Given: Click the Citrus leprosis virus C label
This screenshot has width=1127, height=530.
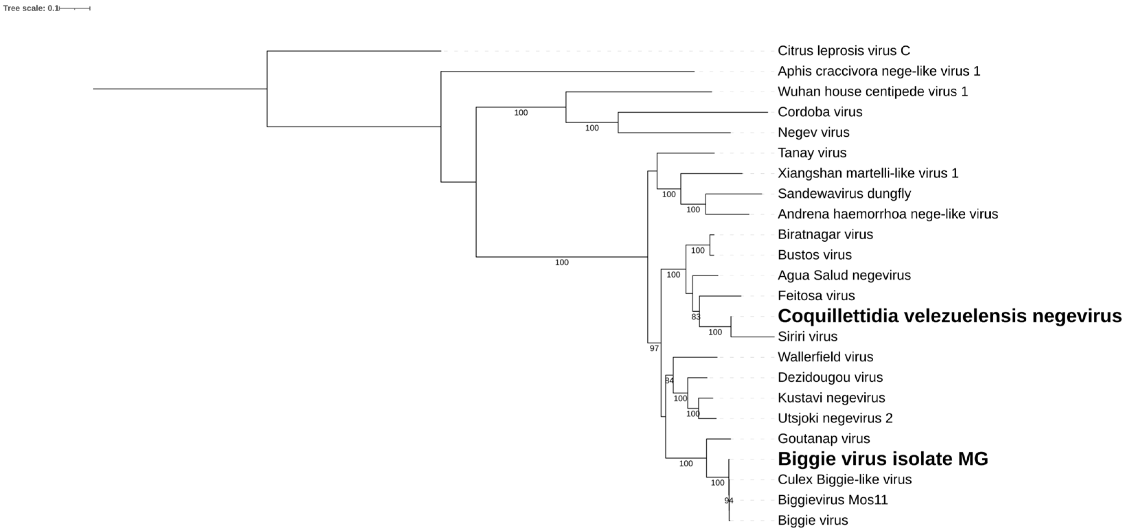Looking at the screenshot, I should click(843, 51).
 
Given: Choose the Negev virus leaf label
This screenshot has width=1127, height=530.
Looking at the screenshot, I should click(813, 132).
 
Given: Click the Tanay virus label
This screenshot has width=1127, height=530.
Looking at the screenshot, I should click(812, 153).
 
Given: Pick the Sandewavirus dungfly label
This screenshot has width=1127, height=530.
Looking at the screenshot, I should click(844, 194).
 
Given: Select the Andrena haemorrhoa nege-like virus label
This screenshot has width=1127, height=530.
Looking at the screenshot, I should click(888, 214).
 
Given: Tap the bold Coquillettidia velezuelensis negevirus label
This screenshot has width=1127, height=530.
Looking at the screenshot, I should click(949, 316).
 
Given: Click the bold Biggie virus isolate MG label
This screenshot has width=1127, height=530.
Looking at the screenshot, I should click(883, 459).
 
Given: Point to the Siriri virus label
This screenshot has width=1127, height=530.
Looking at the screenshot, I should click(807, 337).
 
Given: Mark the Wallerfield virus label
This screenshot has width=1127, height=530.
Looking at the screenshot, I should click(825, 357).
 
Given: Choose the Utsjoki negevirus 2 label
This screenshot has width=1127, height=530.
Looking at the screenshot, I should click(835, 418).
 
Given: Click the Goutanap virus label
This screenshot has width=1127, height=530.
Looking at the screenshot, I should click(823, 439).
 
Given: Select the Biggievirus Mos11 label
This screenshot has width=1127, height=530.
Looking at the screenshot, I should click(833, 500).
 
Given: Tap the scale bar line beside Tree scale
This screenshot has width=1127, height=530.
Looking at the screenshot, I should click(75, 8).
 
